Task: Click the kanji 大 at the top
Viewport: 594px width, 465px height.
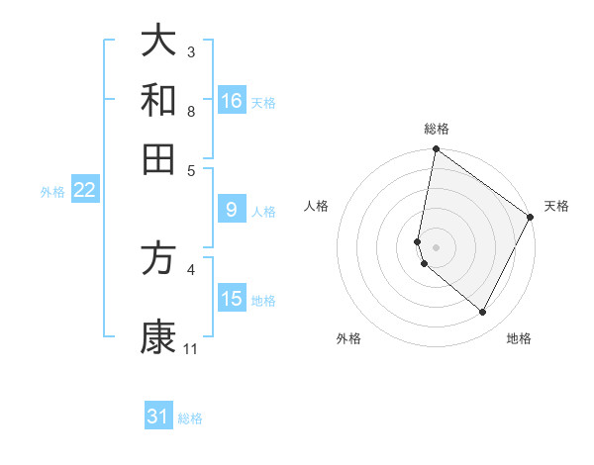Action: pos(158,42)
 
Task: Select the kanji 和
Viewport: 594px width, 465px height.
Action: pos(158,100)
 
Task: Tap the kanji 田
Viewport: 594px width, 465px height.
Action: pos(158,158)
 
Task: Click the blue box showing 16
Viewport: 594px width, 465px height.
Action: pos(232,101)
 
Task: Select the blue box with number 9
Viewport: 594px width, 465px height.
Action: pos(232,210)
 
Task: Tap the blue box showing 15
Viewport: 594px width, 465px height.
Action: pos(232,299)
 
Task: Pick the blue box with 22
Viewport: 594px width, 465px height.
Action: pos(84,191)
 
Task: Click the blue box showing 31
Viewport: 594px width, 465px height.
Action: pos(158,417)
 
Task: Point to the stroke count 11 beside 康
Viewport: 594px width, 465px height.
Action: pos(191,349)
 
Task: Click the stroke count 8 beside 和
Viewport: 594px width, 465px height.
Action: pos(191,112)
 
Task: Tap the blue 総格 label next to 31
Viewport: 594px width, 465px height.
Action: pos(190,418)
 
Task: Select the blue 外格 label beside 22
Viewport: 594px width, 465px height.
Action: pos(52,192)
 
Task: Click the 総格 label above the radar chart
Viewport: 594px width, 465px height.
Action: pos(437,129)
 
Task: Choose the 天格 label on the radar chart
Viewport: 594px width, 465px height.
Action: pos(556,206)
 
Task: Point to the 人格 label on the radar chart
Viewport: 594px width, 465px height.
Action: pos(317,206)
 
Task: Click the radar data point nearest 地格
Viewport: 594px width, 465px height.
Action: pos(483,313)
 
